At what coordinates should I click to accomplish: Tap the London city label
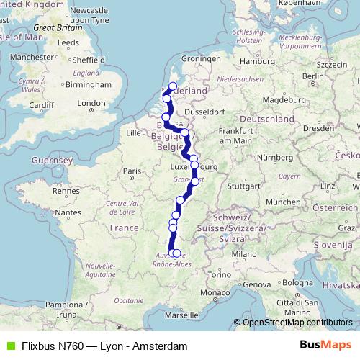pyautogui.click(x=91, y=103)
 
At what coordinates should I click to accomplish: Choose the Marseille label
pyautogui.click(x=181, y=315)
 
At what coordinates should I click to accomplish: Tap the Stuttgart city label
pyautogui.click(x=240, y=184)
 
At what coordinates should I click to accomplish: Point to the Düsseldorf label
pyautogui.click(x=204, y=112)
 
